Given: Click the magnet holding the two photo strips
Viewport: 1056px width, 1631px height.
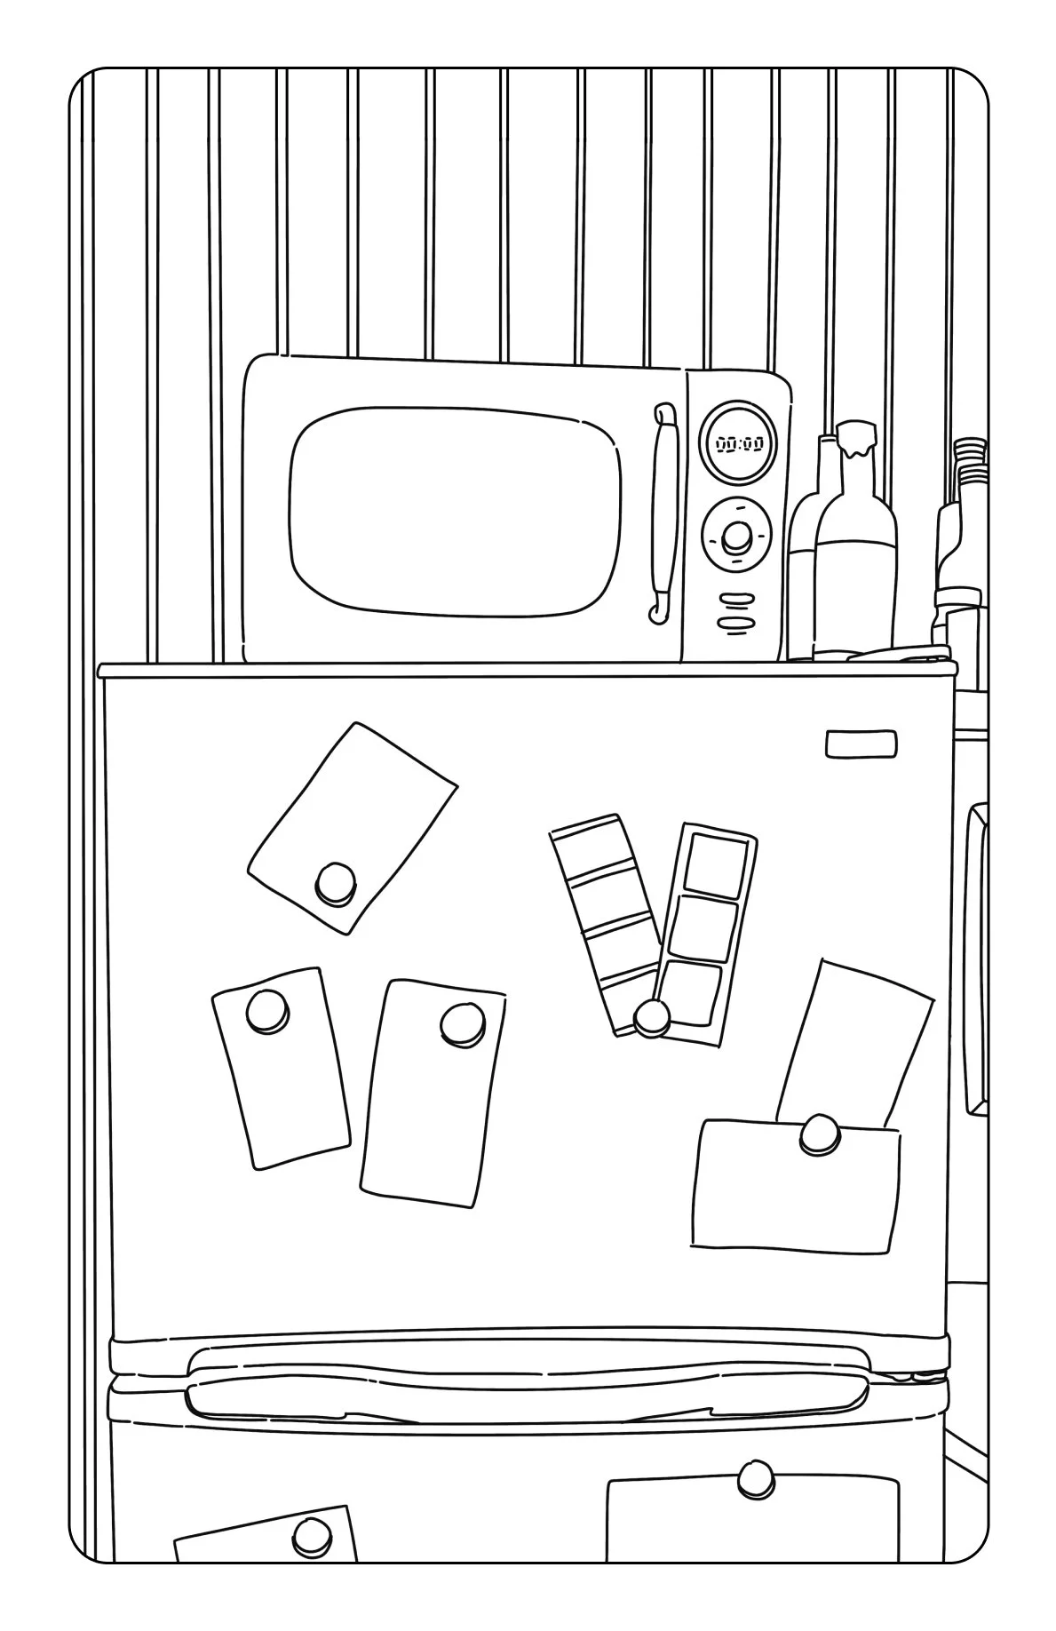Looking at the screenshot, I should (x=653, y=1017).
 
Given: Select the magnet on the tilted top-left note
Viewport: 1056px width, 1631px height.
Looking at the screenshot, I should (x=336, y=881).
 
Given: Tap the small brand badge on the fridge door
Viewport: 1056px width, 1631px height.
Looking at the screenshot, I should (x=861, y=744).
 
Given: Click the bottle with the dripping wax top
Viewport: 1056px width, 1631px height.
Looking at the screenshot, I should (x=855, y=551).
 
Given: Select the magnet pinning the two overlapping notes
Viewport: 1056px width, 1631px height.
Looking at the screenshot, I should (x=818, y=1135).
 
